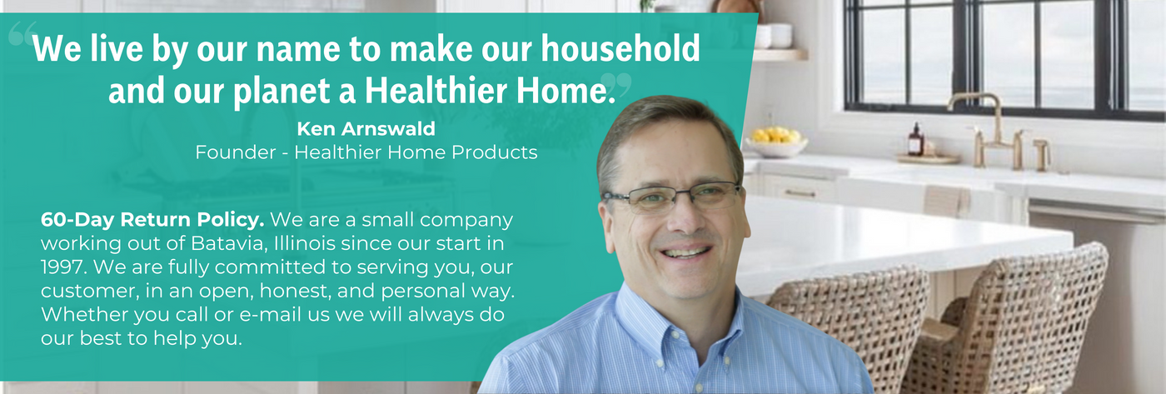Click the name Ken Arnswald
tap(366, 128)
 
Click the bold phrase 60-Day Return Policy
tap(152, 220)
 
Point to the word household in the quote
tap(620, 48)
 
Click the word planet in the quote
tap(282, 92)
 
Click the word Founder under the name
tap(236, 152)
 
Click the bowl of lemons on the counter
tap(776, 142)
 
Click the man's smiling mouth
tap(685, 252)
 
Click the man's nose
tap(682, 218)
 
